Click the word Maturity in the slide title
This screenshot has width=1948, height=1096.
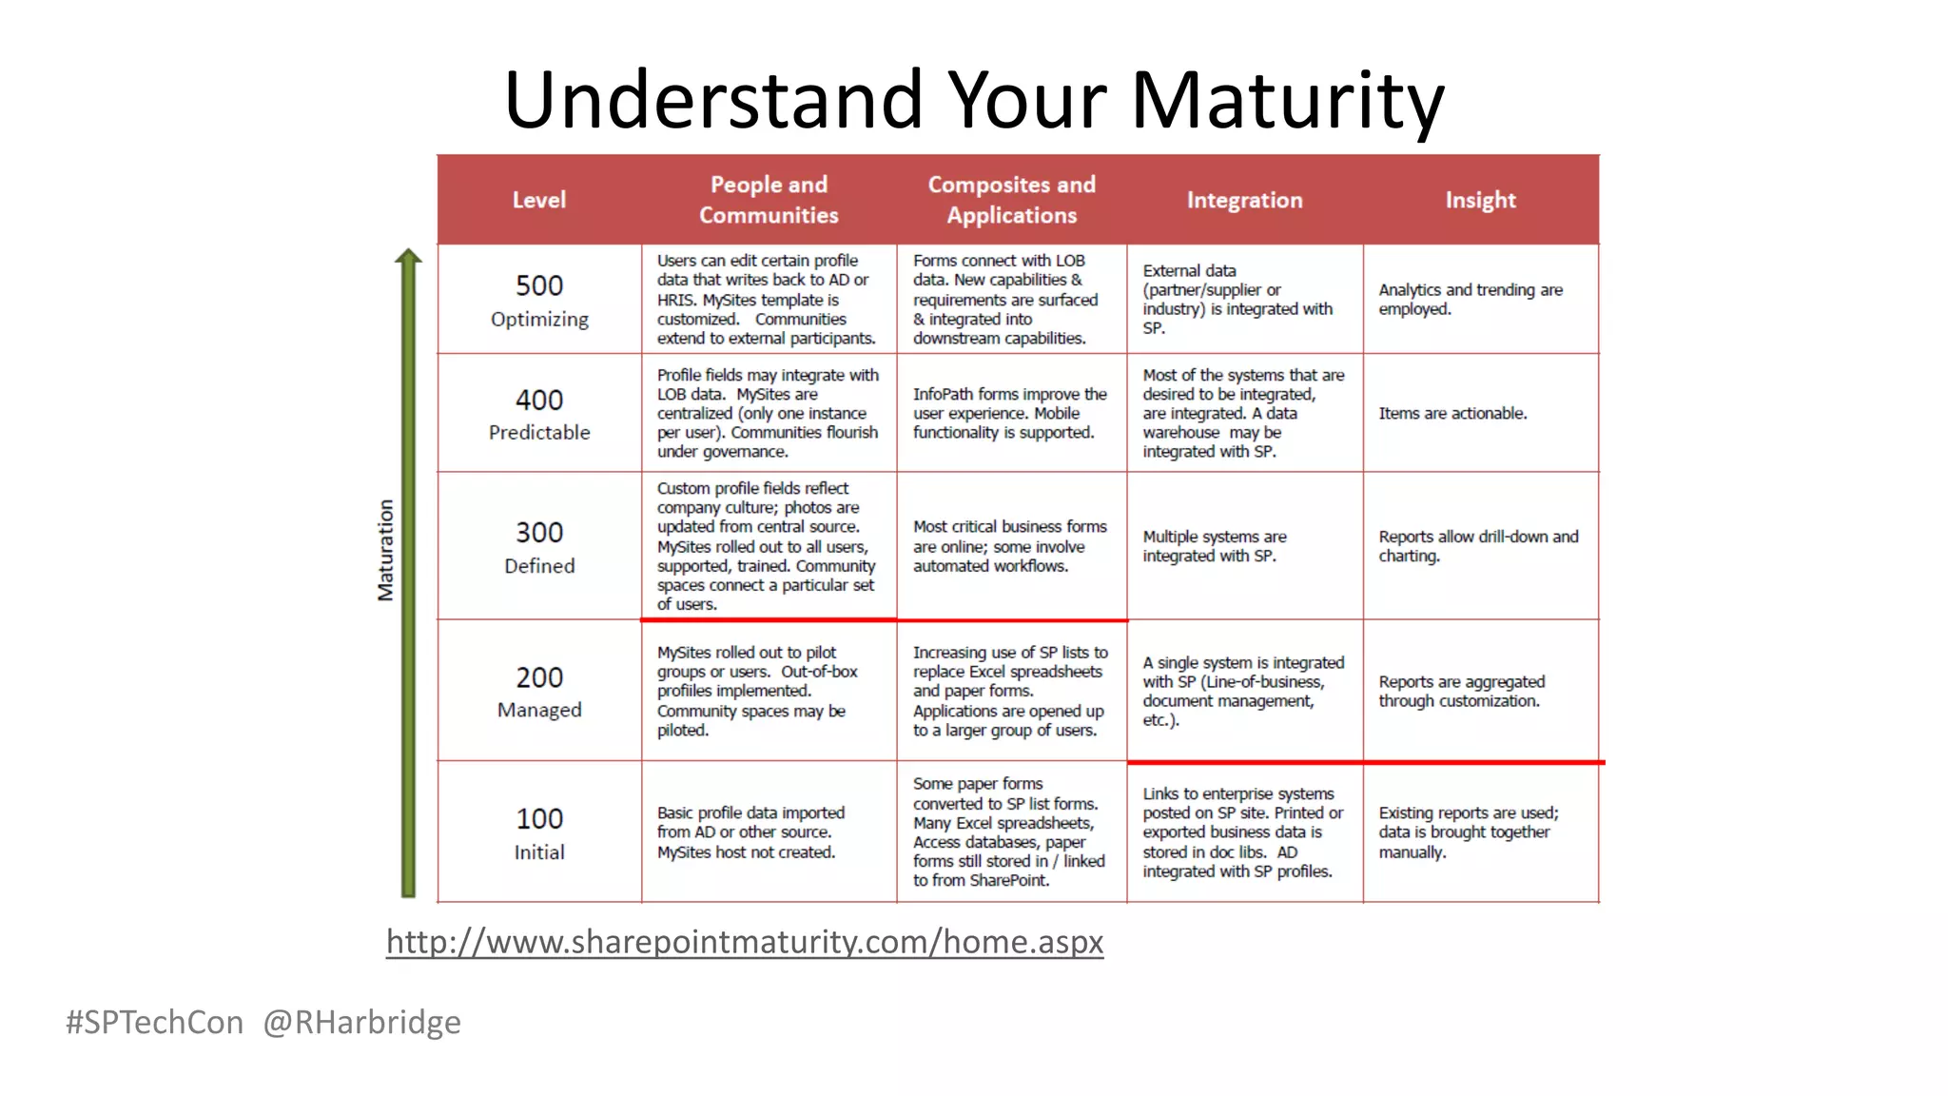pyautogui.click(x=1287, y=100)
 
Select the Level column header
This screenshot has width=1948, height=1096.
pyautogui.click(x=538, y=200)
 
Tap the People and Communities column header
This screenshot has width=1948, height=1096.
pyautogui.click(x=769, y=200)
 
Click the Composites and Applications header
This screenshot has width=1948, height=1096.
pyautogui.click(x=1011, y=200)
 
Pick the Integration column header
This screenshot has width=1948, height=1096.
pyautogui.click(x=1244, y=200)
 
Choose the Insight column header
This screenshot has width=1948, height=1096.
pyautogui.click(x=1480, y=200)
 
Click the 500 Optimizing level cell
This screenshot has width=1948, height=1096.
pyautogui.click(x=539, y=300)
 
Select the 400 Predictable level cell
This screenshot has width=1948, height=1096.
pyautogui.click(x=539, y=414)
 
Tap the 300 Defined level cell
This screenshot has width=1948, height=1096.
pyautogui.click(x=539, y=546)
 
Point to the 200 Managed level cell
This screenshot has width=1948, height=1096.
pyautogui.click(x=539, y=691)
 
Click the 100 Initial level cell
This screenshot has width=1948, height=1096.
pyautogui.click(x=539, y=832)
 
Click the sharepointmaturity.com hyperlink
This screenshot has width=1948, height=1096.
pyautogui.click(x=745, y=942)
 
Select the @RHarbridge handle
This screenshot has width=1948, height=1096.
pyautogui.click(x=361, y=1022)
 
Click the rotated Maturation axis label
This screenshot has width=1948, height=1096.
pyautogui.click(x=385, y=550)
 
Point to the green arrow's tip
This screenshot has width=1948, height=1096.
pyautogui.click(x=408, y=253)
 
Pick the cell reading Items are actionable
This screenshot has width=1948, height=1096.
pyautogui.click(x=1452, y=414)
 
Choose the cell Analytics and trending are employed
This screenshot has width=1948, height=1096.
pyautogui.click(x=1471, y=300)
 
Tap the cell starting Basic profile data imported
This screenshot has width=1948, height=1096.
pyautogui.click(x=750, y=832)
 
